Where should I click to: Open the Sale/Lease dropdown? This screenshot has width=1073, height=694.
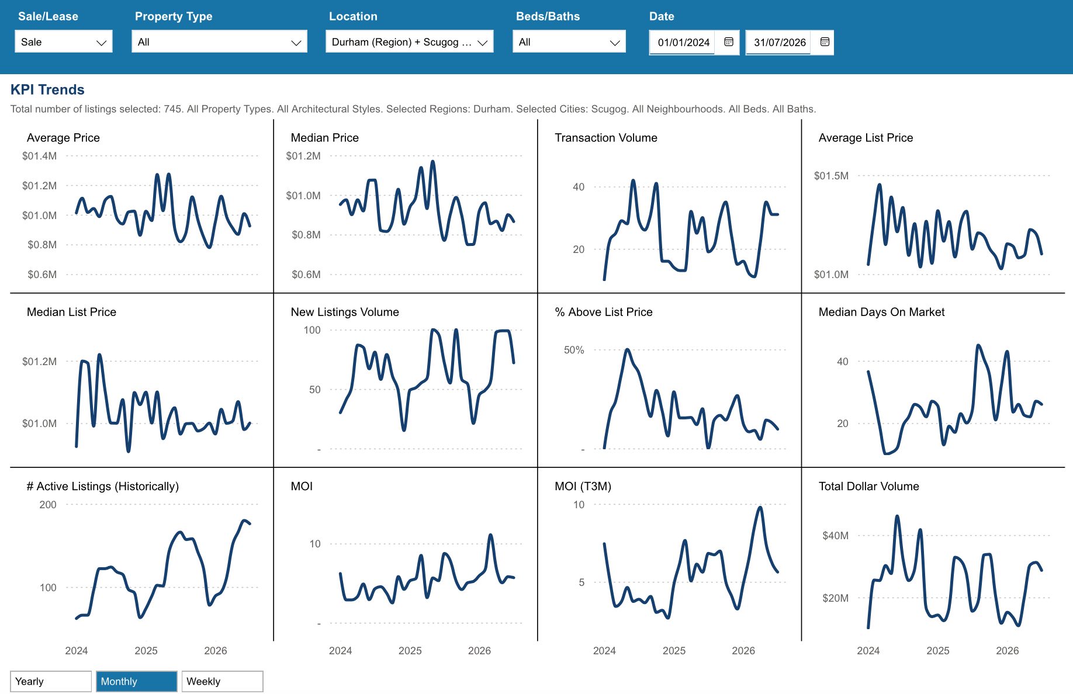(x=63, y=42)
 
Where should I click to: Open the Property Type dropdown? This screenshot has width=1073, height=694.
(x=219, y=42)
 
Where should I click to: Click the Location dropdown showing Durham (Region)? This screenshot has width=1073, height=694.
(x=409, y=42)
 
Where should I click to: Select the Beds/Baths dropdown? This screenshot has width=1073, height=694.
(x=569, y=42)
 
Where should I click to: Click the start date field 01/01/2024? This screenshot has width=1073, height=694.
(x=683, y=43)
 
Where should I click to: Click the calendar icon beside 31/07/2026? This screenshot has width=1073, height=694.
(x=825, y=42)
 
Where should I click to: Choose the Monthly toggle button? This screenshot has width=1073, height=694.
(x=136, y=681)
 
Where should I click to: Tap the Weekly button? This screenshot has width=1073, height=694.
(x=222, y=681)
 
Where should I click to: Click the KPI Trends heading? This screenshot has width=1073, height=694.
(x=47, y=89)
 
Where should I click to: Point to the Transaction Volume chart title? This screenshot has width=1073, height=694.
(x=605, y=138)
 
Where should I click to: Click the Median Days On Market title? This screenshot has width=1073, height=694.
(x=881, y=312)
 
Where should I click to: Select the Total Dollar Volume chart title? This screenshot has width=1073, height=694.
(x=868, y=486)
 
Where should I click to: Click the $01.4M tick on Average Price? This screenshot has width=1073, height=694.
(x=39, y=156)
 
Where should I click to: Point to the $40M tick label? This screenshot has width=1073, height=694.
(x=835, y=536)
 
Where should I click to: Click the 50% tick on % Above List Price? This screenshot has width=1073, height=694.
(x=573, y=350)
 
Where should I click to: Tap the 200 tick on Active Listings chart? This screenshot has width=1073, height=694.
(x=48, y=505)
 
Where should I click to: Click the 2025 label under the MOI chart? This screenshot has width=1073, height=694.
(x=410, y=651)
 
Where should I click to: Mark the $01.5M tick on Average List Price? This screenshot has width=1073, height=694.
(x=831, y=176)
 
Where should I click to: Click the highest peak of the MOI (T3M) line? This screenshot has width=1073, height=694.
(x=760, y=507)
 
